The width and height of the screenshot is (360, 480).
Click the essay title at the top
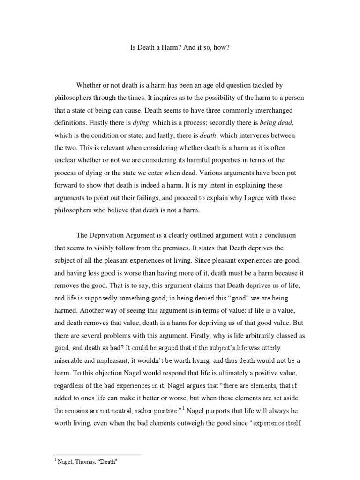coord(180,48)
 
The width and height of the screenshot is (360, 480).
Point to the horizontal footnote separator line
coord(98,454)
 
